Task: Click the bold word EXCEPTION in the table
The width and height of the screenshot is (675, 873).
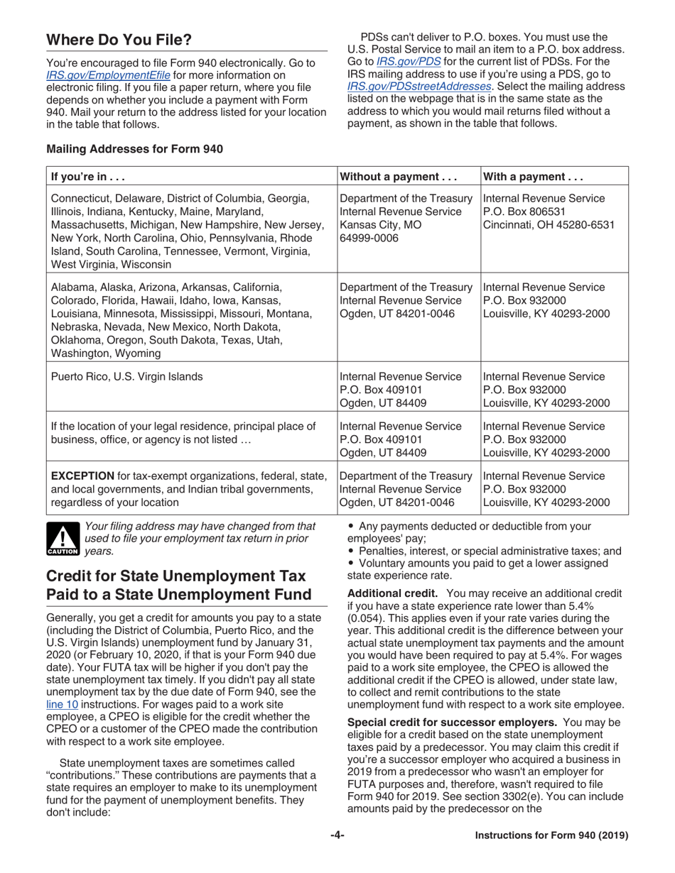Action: [x=82, y=475]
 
